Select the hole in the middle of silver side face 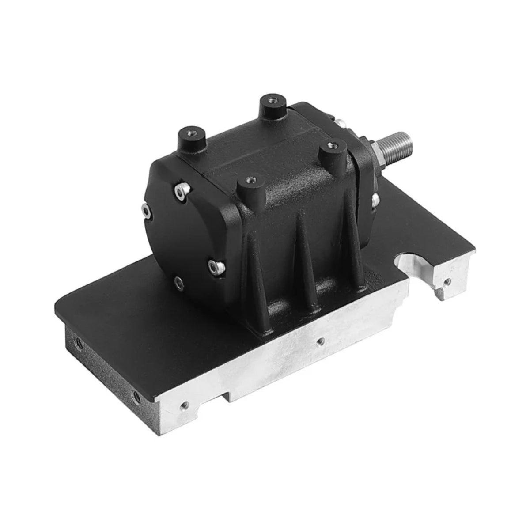[x=322, y=341]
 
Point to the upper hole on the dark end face [x=79, y=342]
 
